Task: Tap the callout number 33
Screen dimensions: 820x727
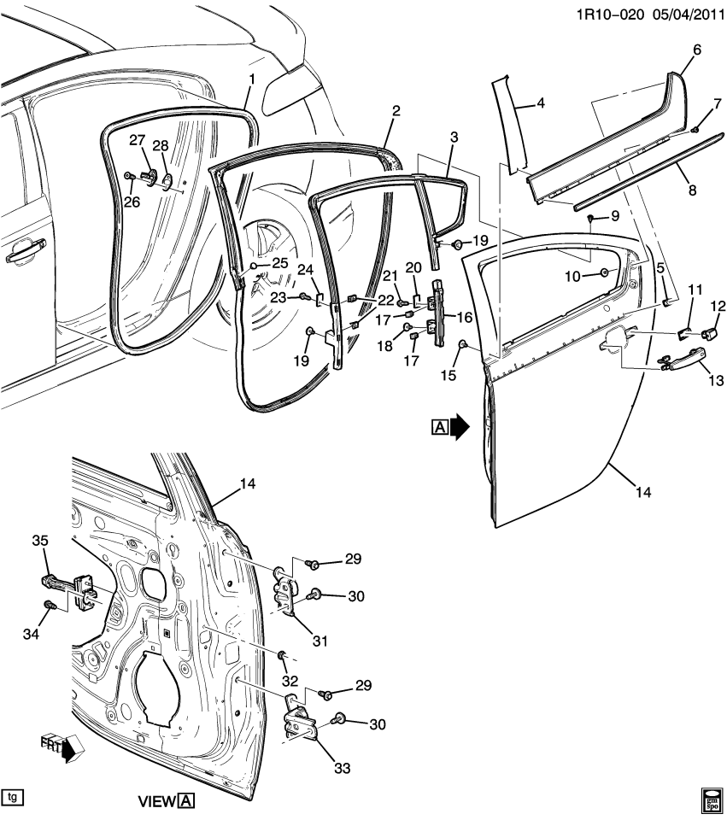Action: click(x=342, y=769)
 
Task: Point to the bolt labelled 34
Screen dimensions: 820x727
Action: click(x=49, y=606)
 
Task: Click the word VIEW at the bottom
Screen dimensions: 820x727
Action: click(x=156, y=802)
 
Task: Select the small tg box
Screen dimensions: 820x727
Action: click(x=12, y=797)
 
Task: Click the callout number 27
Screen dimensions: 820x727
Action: click(x=138, y=140)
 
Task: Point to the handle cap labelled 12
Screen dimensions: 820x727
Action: click(x=709, y=331)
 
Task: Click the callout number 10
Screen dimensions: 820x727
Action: click(x=572, y=275)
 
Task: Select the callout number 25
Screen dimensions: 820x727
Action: click(x=280, y=263)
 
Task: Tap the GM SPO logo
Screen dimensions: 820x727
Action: click(x=711, y=798)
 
